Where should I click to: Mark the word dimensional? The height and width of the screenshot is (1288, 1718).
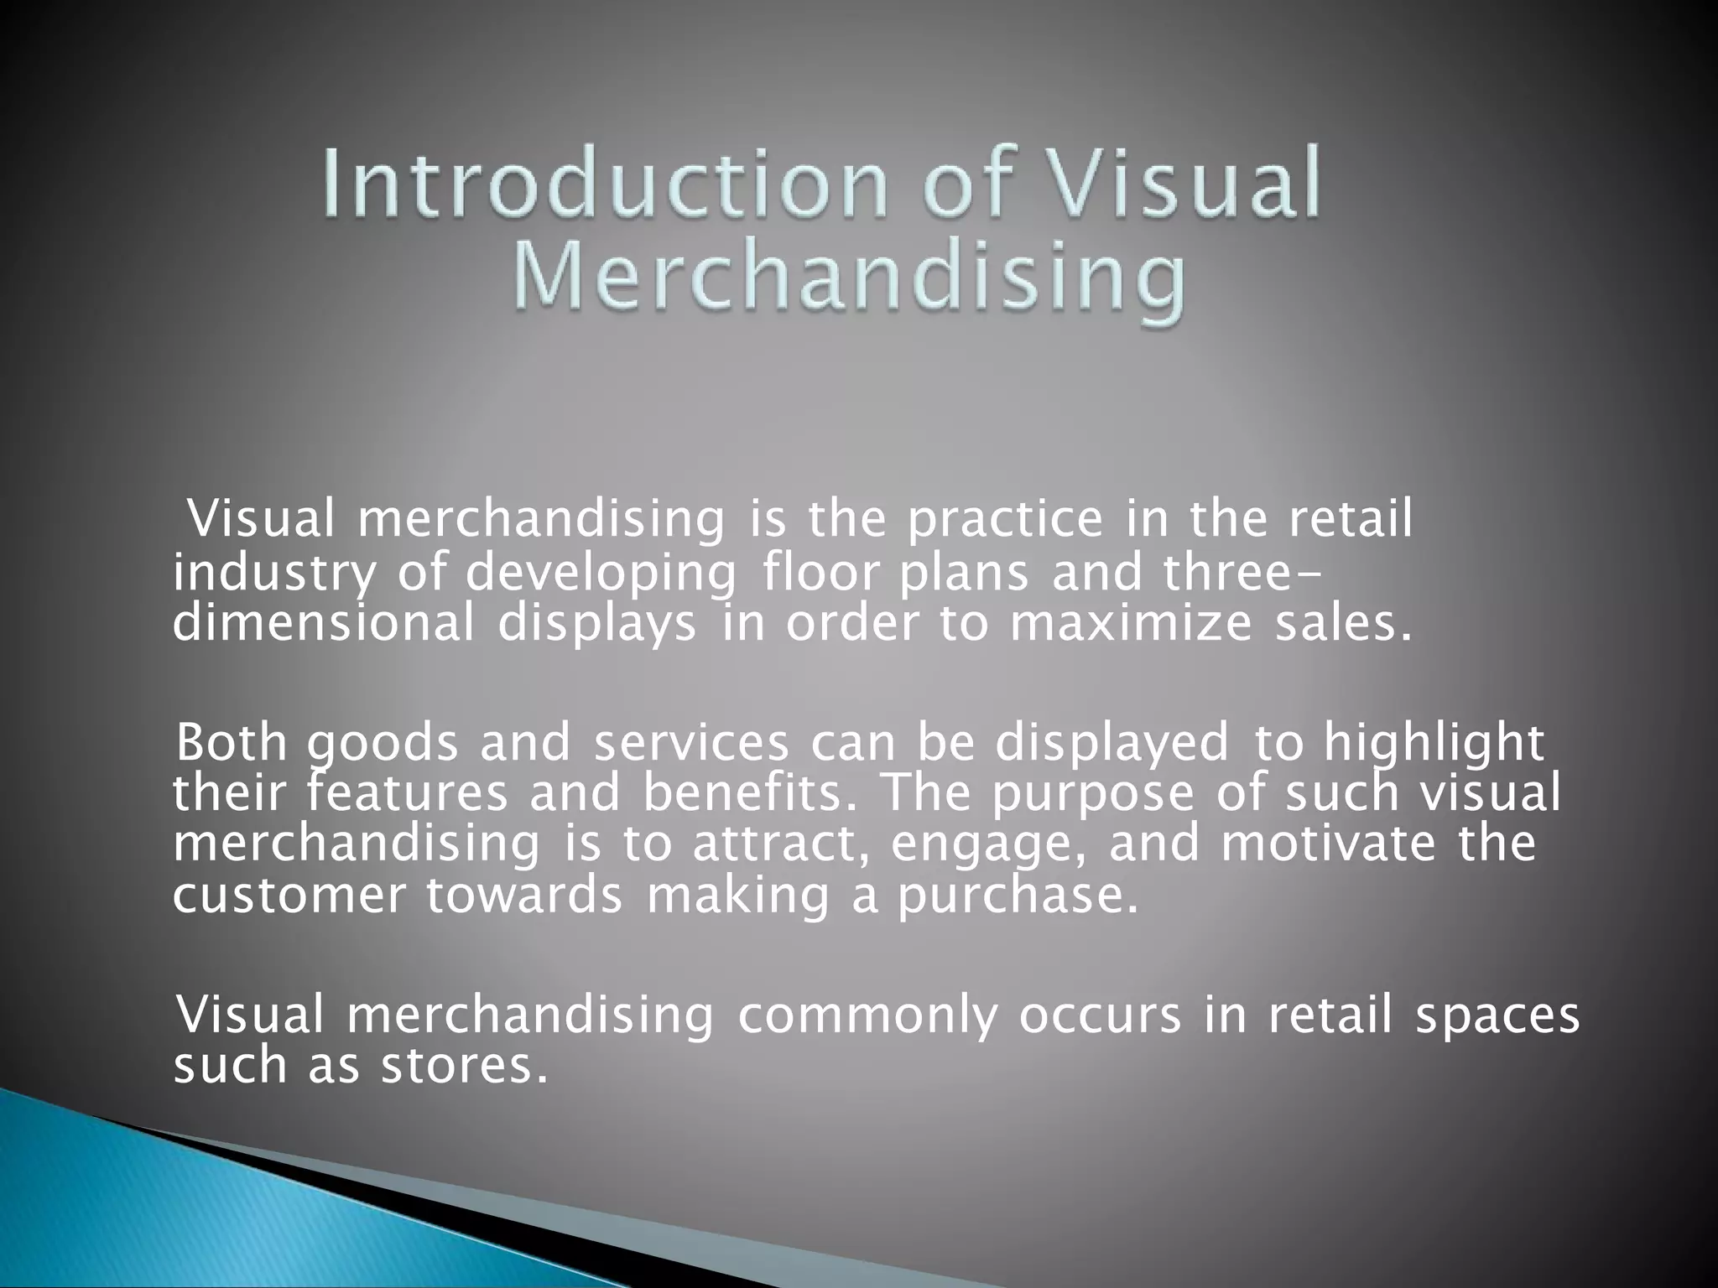pos(323,625)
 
